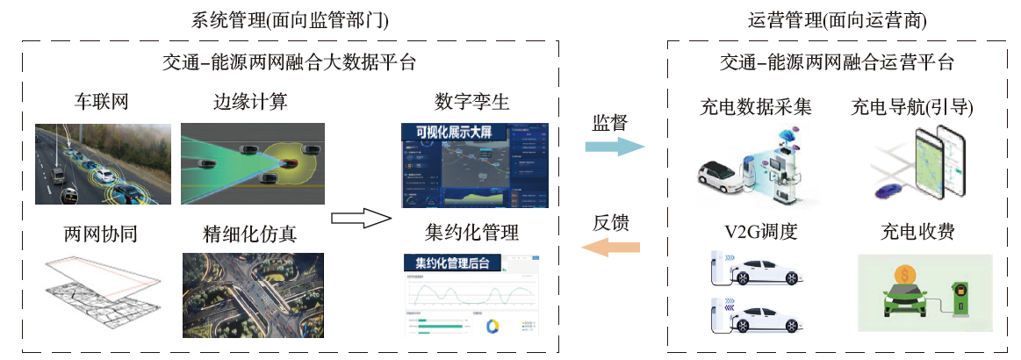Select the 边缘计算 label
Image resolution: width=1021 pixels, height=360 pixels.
(x=250, y=102)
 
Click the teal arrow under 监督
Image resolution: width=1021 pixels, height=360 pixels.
(x=615, y=147)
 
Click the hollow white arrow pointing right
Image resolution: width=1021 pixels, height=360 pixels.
(x=361, y=218)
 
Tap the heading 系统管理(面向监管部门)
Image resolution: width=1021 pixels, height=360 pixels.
(x=289, y=19)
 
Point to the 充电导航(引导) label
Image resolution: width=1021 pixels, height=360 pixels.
(x=912, y=107)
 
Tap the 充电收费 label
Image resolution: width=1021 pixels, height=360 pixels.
(x=917, y=234)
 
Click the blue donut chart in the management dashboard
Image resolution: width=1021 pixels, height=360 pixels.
(x=492, y=326)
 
